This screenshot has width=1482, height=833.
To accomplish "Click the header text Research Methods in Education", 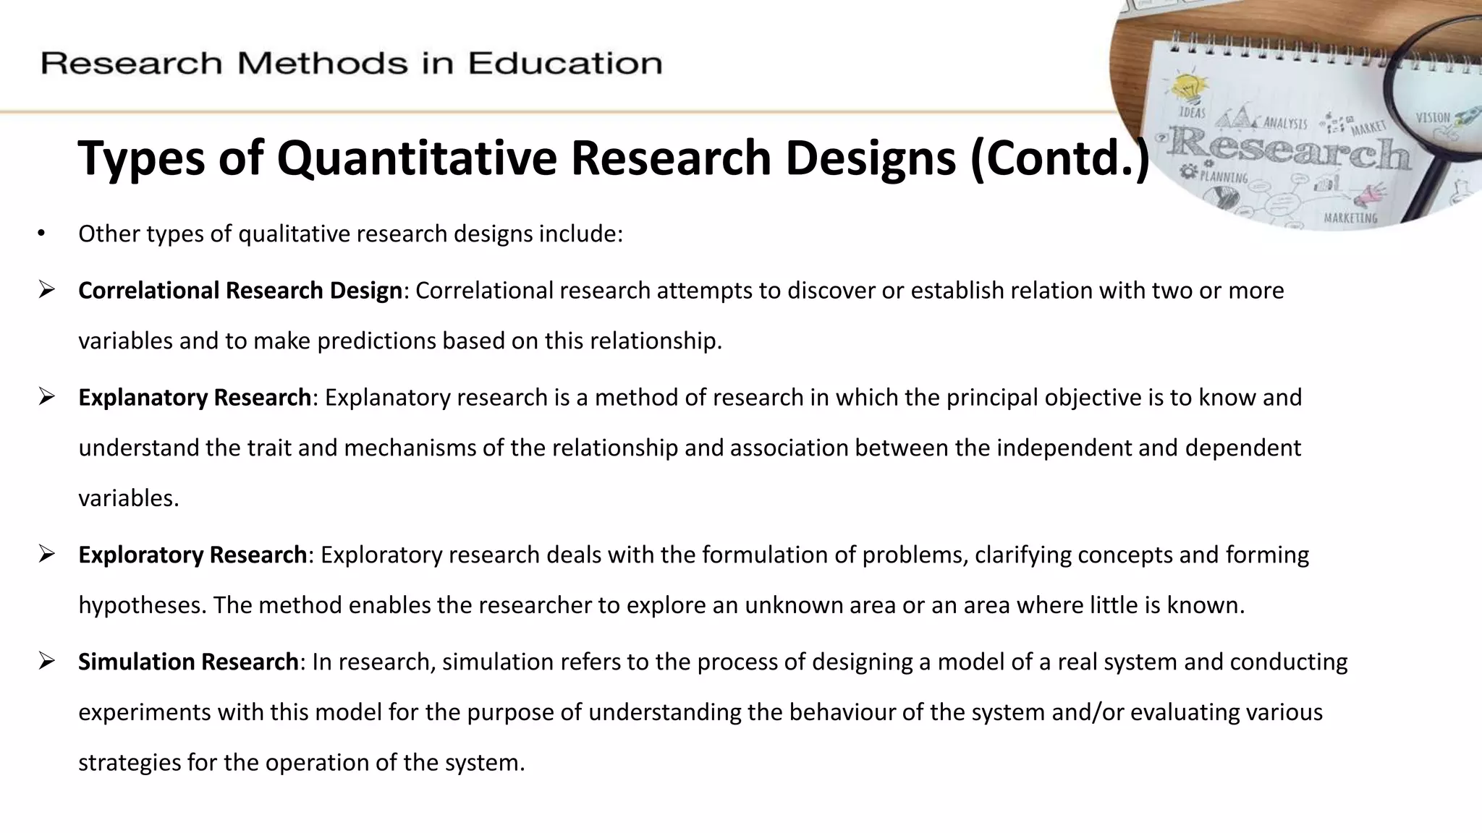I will point(352,64).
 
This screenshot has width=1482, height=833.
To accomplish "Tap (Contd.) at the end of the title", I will point(1059,158).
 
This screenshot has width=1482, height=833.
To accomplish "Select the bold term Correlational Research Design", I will point(240,291).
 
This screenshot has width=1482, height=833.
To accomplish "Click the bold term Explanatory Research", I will point(195,398).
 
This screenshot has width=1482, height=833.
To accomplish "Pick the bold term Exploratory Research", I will point(192,555).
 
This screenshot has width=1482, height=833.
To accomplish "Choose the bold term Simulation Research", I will point(188,662).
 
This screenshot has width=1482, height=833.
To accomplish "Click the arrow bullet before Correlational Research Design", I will point(47,291).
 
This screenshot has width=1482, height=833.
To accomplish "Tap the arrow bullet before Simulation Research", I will point(47,662).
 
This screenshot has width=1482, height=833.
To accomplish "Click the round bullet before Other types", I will point(41,234).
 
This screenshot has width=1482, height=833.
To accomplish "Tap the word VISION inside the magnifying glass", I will point(1433,117).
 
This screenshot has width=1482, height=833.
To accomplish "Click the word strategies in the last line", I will point(129,763).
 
